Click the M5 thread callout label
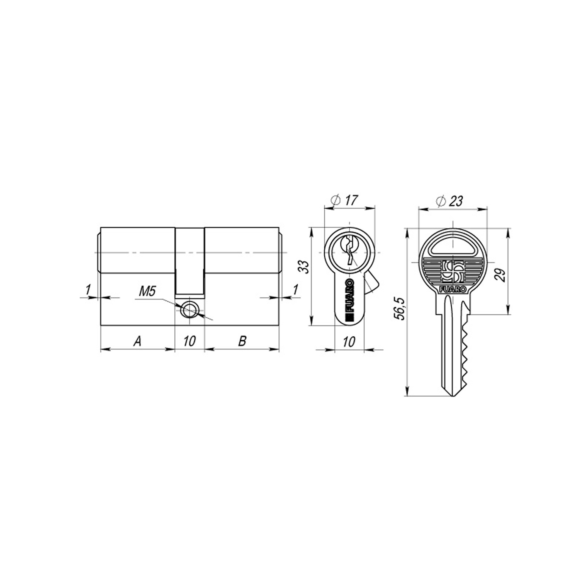click(147, 292)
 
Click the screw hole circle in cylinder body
click(190, 310)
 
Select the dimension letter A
click(137, 342)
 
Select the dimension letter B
click(242, 342)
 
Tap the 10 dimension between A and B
click(189, 342)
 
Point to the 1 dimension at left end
click(88, 290)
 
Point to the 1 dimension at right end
click(295, 290)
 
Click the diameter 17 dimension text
click(345, 200)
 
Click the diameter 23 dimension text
click(449, 200)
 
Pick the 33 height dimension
click(305, 267)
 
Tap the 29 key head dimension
click(501, 275)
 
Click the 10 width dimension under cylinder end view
click(349, 342)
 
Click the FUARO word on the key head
click(453, 289)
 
